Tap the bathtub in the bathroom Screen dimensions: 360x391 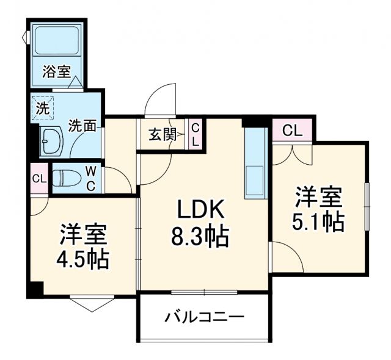(56, 41)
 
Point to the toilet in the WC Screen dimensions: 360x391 (65, 178)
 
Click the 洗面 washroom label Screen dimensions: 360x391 (82, 126)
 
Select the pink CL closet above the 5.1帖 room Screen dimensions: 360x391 (292, 130)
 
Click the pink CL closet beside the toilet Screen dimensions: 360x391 (38, 179)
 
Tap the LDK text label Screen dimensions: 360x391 (202, 211)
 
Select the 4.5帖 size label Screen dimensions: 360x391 (84, 261)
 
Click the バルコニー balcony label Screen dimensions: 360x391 (204, 317)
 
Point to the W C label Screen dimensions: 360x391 (89, 178)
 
